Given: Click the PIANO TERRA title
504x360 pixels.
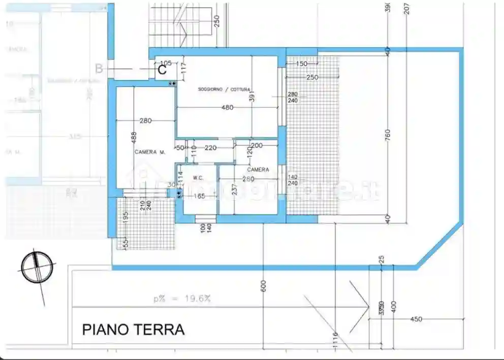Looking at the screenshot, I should pos(133,330).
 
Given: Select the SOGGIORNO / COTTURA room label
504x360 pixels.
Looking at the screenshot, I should pos(224,89).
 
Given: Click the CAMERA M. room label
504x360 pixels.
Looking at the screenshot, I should pos(150,152).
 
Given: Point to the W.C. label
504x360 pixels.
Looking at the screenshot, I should pos(198,178).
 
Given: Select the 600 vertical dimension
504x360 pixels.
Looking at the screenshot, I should pos(263,286).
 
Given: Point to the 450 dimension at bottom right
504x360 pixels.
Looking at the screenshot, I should pos(416,319).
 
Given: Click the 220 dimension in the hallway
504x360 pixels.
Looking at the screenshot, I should pos(211,148).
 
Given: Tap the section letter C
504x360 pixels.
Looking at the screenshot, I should pos(162,70).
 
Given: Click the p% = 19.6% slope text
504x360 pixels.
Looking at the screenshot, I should pos(182,299).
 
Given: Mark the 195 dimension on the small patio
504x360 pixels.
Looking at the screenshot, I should pos(125,215).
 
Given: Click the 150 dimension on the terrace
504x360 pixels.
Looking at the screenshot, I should pos(302,63).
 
